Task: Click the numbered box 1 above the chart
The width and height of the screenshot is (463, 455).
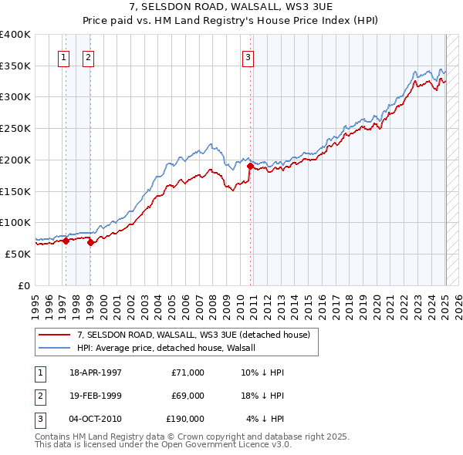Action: click(x=63, y=56)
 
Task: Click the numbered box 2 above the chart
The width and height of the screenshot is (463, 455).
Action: click(x=89, y=56)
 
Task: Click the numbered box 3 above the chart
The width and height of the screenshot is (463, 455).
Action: click(x=248, y=56)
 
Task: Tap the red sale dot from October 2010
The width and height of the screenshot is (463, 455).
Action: click(x=250, y=166)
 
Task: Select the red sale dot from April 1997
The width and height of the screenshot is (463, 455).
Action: click(x=66, y=241)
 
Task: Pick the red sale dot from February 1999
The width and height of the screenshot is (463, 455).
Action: click(x=91, y=242)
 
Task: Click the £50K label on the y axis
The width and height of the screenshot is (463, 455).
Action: click(x=18, y=254)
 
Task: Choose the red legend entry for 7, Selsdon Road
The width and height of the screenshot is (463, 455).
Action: click(x=193, y=335)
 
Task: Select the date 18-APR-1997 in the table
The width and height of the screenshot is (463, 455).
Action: click(x=96, y=372)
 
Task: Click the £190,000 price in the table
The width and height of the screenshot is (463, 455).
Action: click(x=185, y=419)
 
